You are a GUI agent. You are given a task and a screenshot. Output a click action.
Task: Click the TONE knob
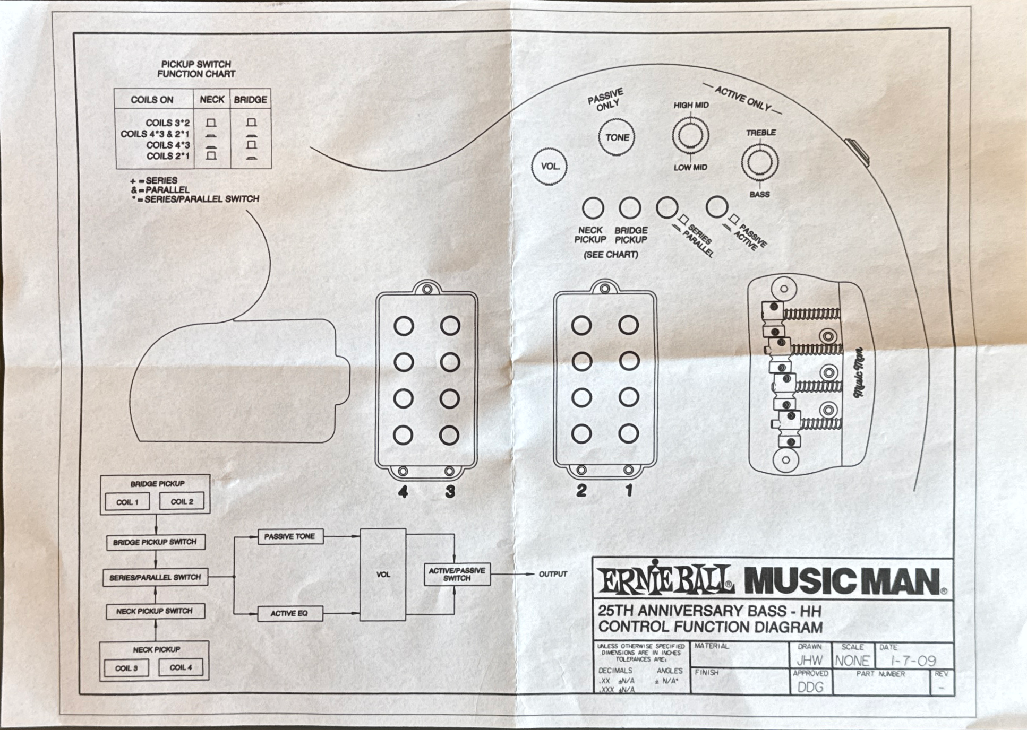(617, 137)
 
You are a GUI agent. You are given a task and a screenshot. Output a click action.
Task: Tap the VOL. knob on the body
(549, 166)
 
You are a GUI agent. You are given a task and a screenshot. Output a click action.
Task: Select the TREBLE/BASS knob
(759, 162)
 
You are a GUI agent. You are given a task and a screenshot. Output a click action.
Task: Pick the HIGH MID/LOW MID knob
(690, 135)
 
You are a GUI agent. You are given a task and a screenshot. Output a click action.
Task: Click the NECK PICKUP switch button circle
(593, 208)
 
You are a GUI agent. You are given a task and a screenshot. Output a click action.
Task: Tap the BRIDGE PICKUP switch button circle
(630, 207)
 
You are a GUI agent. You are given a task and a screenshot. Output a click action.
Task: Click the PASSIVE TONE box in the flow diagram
(290, 536)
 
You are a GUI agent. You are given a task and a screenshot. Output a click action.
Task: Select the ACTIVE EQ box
(289, 613)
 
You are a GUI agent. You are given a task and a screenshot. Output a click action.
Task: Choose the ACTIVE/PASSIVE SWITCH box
(457, 574)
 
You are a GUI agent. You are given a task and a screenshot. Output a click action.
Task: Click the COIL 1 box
(127, 502)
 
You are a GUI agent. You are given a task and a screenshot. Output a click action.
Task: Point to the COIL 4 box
(181, 667)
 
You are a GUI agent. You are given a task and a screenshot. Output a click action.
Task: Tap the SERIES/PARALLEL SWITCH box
(155, 577)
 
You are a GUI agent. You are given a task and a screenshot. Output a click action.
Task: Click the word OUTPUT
(553, 574)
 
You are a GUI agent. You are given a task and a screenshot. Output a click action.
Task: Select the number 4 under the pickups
(403, 492)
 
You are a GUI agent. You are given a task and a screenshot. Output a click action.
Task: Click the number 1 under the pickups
(629, 490)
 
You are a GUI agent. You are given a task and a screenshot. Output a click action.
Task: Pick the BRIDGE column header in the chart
(251, 100)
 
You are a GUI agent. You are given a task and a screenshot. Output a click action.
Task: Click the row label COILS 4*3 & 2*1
(155, 134)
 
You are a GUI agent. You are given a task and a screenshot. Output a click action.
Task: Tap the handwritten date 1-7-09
(913, 661)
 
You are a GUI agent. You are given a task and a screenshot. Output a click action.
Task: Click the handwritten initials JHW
(809, 661)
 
